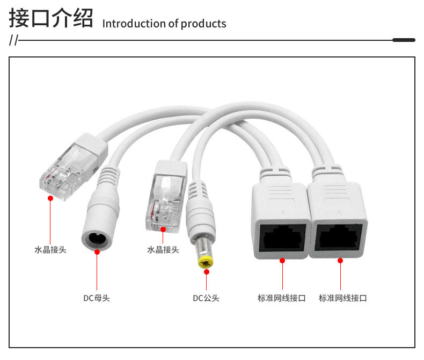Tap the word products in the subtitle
click(203, 24)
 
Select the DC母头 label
click(97, 298)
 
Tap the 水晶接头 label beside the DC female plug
click(163, 249)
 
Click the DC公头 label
click(206, 298)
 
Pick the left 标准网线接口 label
click(282, 298)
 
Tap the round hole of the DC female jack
click(97, 238)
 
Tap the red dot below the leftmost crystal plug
click(50, 198)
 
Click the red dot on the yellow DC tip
click(206, 272)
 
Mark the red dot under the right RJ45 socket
click(340, 261)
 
